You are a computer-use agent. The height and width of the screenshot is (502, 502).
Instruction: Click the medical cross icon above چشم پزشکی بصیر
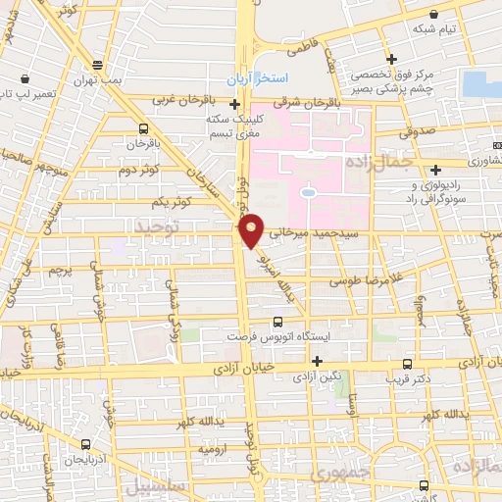click(x=391, y=59)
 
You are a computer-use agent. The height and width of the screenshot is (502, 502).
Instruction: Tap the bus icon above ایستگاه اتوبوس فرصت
click(x=278, y=321)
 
